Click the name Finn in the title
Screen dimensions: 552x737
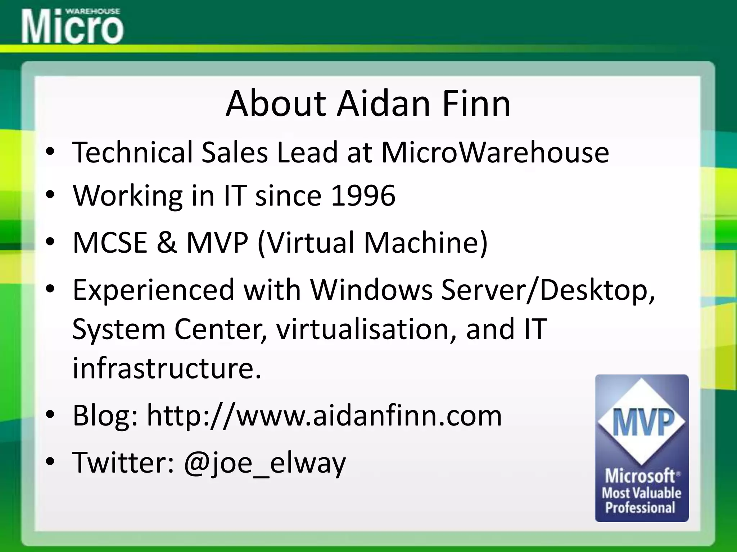(x=476, y=104)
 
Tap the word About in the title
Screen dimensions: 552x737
(x=275, y=104)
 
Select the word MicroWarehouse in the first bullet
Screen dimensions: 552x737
(x=495, y=152)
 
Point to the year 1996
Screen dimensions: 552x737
(x=363, y=196)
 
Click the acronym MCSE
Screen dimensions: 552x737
(x=110, y=242)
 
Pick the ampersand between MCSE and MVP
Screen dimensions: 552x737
(x=167, y=242)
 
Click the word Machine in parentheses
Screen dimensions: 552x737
(x=426, y=242)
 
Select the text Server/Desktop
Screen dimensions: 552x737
(x=548, y=290)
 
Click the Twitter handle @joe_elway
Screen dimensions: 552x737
(x=264, y=463)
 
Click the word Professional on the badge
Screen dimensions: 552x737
(x=640, y=508)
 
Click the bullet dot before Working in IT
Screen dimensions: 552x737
(x=50, y=195)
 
